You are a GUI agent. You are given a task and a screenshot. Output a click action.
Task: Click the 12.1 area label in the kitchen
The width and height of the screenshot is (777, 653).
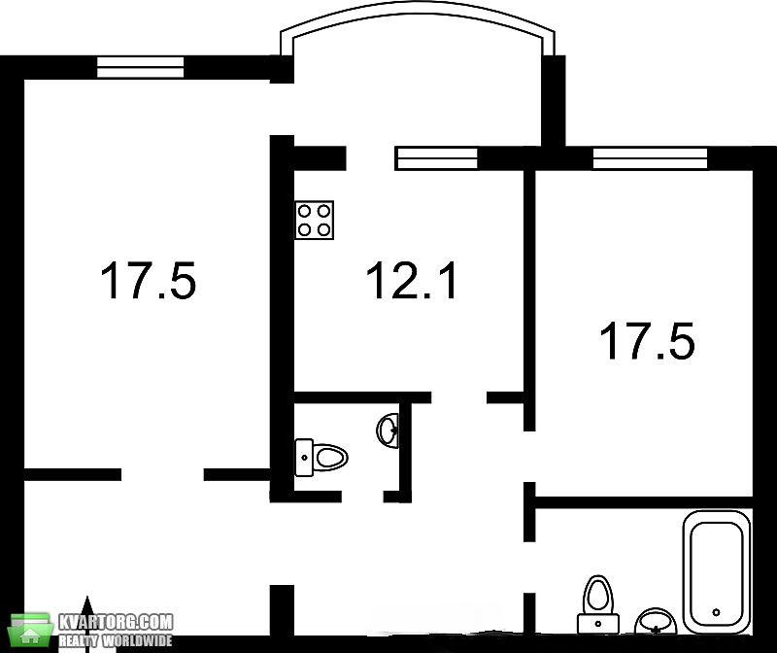(x=411, y=281)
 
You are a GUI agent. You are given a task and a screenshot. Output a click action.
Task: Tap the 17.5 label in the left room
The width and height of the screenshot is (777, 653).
(x=149, y=281)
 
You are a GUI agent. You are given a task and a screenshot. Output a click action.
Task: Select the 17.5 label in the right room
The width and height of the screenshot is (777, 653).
(x=647, y=341)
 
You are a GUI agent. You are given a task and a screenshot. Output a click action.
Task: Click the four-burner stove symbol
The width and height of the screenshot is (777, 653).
(x=314, y=221)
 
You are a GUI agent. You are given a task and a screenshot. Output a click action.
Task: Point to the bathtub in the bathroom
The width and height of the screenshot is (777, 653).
(x=717, y=571)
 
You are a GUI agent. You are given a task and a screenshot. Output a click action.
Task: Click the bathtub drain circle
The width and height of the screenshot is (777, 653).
(x=716, y=612)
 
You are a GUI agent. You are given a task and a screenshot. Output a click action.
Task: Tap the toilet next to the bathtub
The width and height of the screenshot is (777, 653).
(x=598, y=604)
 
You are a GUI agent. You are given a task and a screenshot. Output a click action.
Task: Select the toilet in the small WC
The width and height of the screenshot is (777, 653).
(x=321, y=457)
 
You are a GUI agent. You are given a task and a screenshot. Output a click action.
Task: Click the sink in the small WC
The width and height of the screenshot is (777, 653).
(x=388, y=430)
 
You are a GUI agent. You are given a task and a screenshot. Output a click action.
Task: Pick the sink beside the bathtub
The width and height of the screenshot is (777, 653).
(x=657, y=622)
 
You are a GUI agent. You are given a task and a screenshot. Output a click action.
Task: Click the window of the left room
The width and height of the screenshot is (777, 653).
(x=140, y=67)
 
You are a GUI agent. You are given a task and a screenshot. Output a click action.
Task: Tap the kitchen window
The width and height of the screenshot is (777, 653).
(x=436, y=158)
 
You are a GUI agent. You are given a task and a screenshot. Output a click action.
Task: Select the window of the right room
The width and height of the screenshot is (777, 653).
(x=650, y=158)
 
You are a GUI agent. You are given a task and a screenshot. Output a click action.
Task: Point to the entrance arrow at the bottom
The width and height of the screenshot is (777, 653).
(x=87, y=616)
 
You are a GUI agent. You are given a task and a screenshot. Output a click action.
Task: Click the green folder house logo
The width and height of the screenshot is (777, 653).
(x=31, y=631)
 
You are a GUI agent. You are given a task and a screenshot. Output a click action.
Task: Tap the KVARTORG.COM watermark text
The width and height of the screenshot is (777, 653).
(x=116, y=622)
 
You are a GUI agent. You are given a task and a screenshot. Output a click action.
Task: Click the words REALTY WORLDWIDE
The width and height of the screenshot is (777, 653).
(x=116, y=640)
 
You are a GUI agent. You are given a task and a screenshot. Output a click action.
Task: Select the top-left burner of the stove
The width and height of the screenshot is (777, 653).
(x=305, y=211)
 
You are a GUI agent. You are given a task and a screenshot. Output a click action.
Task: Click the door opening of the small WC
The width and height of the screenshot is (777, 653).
(x=362, y=497)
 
